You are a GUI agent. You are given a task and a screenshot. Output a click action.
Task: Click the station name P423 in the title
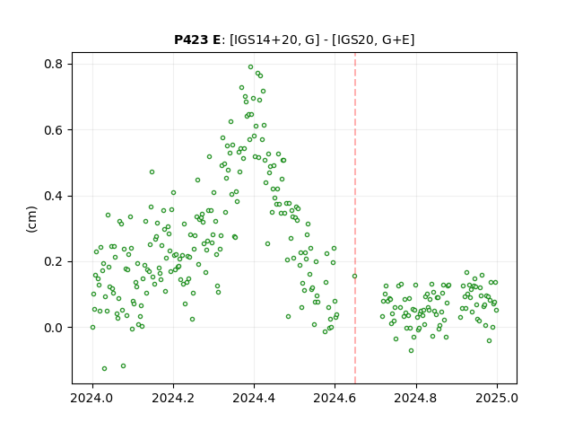coord(192,40)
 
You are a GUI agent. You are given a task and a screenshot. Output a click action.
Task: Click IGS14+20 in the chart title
coord(264,40)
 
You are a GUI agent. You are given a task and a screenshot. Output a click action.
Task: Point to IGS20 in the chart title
coord(355,40)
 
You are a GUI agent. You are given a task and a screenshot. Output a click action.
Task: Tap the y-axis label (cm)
coord(32,219)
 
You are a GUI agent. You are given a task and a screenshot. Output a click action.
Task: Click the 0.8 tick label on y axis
coord(54,64)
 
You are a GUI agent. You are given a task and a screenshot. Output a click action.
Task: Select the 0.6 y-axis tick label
coord(54,130)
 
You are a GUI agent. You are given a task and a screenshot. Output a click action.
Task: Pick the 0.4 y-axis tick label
coord(54,196)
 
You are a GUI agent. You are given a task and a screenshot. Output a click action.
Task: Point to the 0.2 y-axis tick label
coord(54,261)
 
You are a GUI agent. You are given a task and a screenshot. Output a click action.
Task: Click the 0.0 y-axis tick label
coord(54,328)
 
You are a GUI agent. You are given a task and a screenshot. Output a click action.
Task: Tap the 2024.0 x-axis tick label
coord(92,398)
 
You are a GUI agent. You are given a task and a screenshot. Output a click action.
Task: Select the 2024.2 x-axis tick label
coord(173,398)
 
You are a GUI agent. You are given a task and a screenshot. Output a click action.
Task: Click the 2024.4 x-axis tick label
coord(254,398)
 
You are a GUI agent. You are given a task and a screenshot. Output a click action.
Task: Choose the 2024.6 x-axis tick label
coord(335,398)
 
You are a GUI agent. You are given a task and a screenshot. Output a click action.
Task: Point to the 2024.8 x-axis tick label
coord(416,398)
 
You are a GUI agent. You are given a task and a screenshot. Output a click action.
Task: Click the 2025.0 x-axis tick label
coord(497,398)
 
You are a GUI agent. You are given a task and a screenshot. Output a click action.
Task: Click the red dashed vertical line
coord(355,218)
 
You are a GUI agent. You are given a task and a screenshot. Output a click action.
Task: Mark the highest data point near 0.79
coord(251,67)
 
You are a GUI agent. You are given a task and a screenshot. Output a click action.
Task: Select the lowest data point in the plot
coord(104,368)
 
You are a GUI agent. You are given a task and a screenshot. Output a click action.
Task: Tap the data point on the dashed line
coord(355,276)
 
